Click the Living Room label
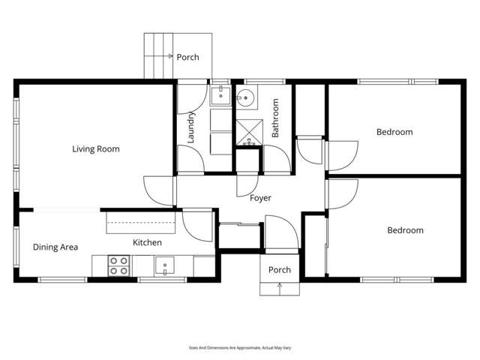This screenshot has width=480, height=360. pos(96,148)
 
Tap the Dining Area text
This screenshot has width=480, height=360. pos(55,247)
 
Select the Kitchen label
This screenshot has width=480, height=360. pos(147,242)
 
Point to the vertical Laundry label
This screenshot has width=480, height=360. pos(191,127)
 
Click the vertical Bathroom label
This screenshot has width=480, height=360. pos(275,118)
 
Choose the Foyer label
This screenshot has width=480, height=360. pos(260,198)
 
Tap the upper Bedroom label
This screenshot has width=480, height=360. pos(394,132)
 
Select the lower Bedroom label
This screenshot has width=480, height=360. pos(405,230)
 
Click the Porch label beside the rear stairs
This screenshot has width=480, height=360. pos(187,57)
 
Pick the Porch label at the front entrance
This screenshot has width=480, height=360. pos(280,270)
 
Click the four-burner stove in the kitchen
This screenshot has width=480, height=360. pos(118,266)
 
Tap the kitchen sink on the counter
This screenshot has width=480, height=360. pos(164,265)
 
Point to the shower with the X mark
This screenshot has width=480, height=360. pos(247,131)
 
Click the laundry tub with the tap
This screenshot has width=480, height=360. pos(220,94)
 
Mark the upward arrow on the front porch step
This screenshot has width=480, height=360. pos(280,286)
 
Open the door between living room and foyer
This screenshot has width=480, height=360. pos(158,189)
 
